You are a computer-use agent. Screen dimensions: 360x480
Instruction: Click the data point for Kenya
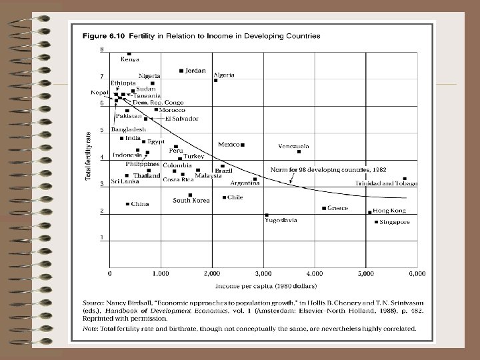[x=129, y=54]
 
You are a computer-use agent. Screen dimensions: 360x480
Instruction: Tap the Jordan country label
[x=195, y=71]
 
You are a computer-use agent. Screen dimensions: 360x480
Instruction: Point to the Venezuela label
[x=293, y=146]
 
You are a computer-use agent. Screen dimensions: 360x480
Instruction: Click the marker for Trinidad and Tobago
[x=405, y=179]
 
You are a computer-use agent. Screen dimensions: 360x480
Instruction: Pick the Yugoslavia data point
[x=267, y=215]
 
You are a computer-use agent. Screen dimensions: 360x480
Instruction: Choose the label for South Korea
[x=191, y=200]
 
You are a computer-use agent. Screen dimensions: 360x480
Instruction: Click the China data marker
[x=128, y=204]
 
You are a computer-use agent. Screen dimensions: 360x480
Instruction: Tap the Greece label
[x=337, y=208]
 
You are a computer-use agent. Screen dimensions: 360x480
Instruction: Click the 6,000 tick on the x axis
[x=417, y=273]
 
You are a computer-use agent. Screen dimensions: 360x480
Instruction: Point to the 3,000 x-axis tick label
[x=263, y=273]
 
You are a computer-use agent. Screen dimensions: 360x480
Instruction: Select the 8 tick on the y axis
[x=102, y=50]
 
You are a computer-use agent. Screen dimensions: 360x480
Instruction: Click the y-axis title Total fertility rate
[x=87, y=155]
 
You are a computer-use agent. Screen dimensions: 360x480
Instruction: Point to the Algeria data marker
[x=215, y=81]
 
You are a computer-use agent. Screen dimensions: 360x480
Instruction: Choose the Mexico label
[x=229, y=144]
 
